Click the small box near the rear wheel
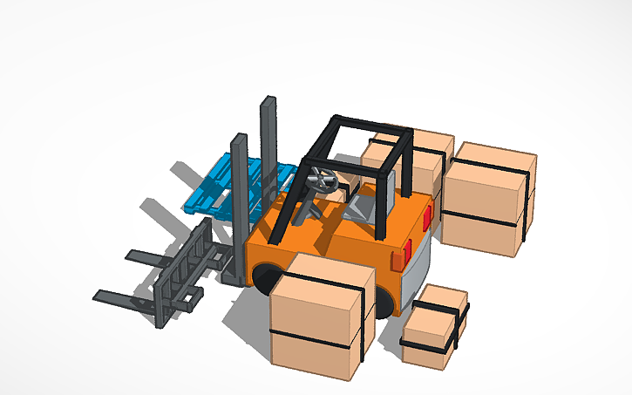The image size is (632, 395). [x=433, y=327]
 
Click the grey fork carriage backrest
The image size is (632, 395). [x=183, y=270]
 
